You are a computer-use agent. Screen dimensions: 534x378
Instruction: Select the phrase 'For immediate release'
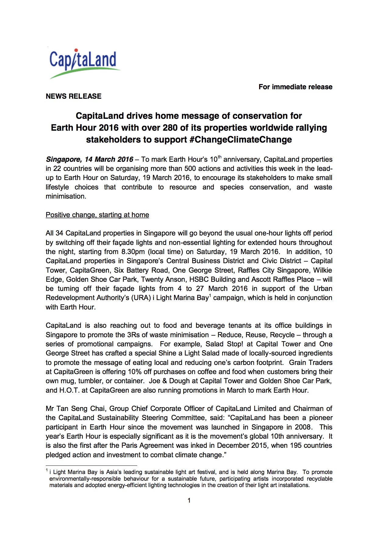pos(295,87)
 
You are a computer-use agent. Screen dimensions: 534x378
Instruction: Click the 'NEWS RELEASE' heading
pos(73,96)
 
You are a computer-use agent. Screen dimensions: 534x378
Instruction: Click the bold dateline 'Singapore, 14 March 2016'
pos(90,159)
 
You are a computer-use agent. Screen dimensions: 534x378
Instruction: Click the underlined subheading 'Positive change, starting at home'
pos(97,215)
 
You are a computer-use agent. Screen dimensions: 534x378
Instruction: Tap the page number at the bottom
pos(189,500)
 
